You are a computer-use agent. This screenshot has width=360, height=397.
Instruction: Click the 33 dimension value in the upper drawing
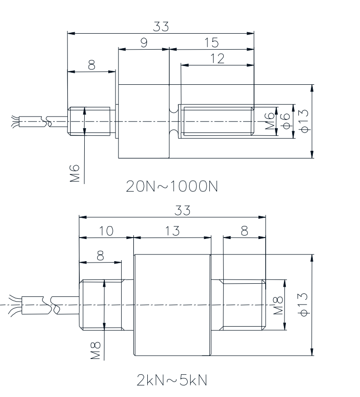point(161,26)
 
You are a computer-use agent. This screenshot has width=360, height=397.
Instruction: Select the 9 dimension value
point(144,43)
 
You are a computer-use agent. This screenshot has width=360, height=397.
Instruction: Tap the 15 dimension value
point(211,42)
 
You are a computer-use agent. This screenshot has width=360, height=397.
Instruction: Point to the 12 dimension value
point(218,58)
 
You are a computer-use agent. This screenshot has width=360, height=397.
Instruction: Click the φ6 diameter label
point(286,121)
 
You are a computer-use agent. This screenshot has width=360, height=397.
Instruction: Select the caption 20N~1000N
point(172,186)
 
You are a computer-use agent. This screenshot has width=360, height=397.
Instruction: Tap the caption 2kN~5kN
point(172,380)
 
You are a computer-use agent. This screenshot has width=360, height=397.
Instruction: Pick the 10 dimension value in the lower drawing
point(106,231)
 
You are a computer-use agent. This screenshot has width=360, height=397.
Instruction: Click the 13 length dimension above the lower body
point(172,231)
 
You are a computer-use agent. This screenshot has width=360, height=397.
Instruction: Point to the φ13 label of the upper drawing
point(304,121)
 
